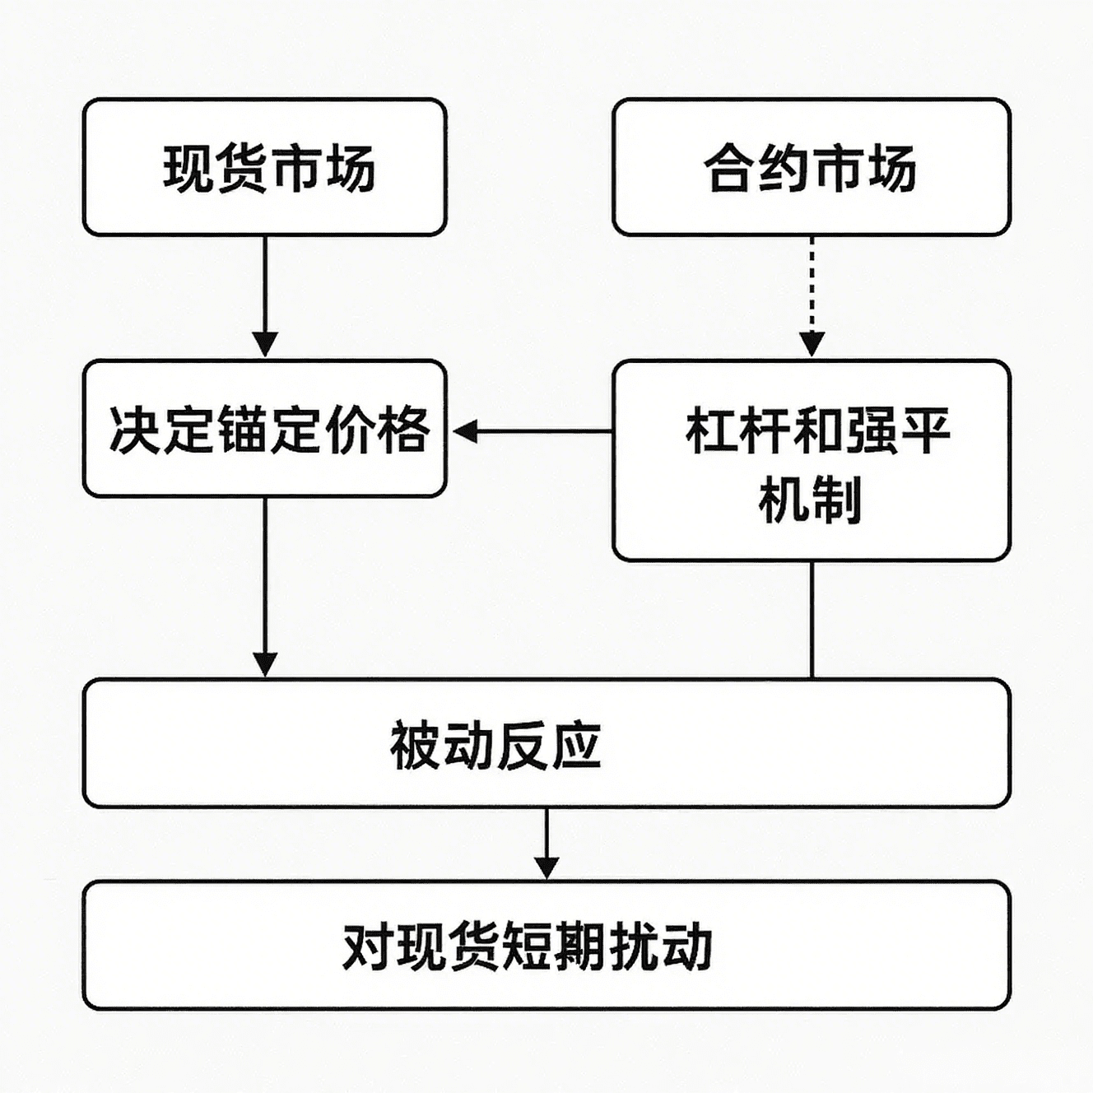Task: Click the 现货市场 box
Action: [265, 167]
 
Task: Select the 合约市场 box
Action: [812, 167]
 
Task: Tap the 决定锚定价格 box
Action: [265, 428]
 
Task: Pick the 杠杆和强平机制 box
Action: [812, 460]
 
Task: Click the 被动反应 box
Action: [546, 742]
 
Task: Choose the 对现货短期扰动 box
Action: [546, 945]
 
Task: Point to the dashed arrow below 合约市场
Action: [812, 296]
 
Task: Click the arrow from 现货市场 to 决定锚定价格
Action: [265, 296]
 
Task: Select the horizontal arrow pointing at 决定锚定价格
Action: [533, 431]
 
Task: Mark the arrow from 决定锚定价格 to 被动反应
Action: [265, 587]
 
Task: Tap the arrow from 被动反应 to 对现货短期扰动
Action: [546, 844]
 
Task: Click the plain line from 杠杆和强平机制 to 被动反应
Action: [812, 620]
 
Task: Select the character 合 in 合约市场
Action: [731, 168]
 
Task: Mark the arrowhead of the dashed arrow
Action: [812, 344]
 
